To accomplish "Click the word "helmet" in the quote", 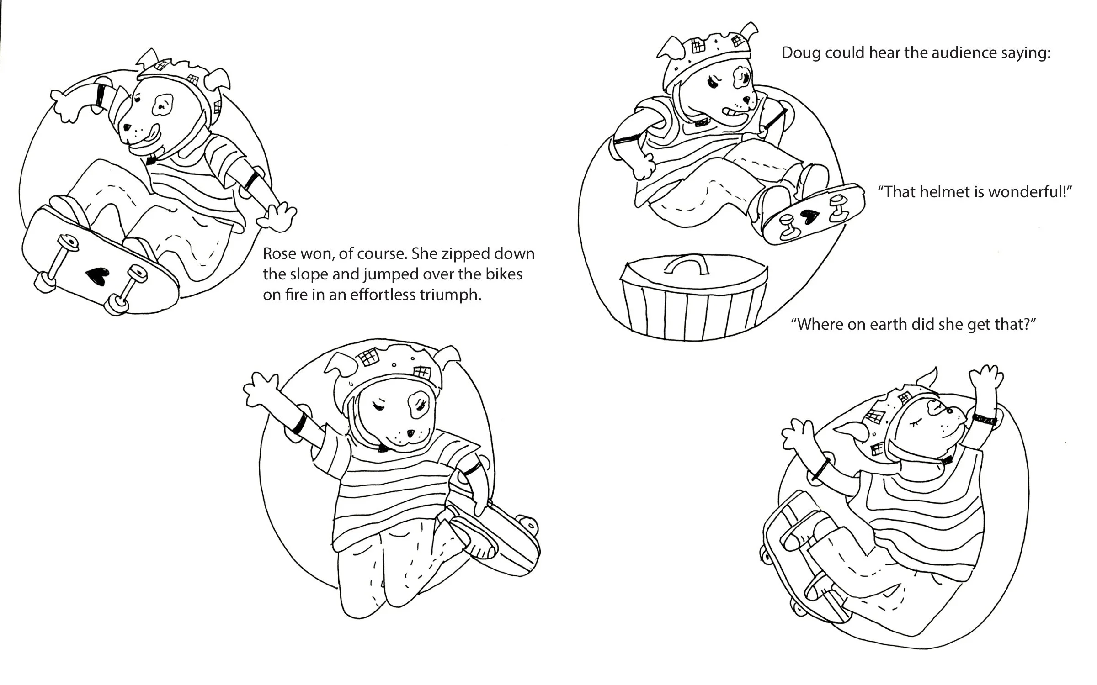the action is (945, 192).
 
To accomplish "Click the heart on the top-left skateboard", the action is (97, 275).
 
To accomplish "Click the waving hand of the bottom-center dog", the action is (260, 390).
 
